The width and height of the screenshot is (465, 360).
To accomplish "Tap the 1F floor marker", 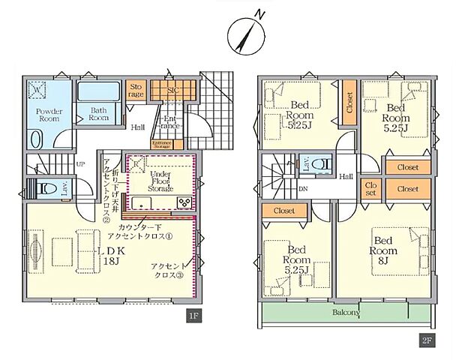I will click(x=193, y=316).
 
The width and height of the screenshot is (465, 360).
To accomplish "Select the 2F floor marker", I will click(x=426, y=340).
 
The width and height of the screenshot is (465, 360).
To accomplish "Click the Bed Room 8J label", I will click(x=384, y=245).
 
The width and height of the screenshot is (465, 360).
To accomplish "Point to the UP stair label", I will click(x=79, y=163).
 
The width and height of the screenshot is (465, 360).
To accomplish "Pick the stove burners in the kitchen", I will click(x=184, y=202).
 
